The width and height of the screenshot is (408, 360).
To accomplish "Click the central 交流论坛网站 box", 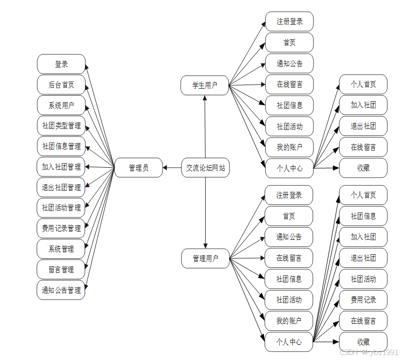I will [205, 168].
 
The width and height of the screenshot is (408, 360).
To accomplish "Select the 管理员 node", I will [138, 168].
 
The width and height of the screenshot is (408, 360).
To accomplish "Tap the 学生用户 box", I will [205, 86].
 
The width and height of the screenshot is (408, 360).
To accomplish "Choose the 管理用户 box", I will [205, 259].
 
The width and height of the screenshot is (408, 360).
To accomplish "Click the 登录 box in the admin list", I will [61, 64].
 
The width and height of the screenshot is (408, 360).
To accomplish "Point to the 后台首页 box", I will [61, 85].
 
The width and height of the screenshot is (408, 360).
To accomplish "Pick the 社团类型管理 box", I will [61, 126].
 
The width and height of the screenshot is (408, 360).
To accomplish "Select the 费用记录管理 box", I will [61, 228].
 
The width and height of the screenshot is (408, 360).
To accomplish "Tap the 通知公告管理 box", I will [61, 290].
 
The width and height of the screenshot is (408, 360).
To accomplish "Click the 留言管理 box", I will [61, 269].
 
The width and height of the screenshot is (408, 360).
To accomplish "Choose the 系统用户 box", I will [61, 105].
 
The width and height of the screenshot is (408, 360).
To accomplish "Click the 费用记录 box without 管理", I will [363, 300].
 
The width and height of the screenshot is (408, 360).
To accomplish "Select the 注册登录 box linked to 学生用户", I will [289, 22].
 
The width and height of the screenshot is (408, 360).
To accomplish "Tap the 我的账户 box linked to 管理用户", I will [289, 321].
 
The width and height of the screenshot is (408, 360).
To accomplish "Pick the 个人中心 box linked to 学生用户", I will [289, 168].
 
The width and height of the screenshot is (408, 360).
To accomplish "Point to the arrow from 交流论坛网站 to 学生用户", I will [205, 126].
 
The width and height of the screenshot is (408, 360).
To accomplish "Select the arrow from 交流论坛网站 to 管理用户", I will [205, 211].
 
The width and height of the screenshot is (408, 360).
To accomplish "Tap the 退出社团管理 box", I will [61, 187].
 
